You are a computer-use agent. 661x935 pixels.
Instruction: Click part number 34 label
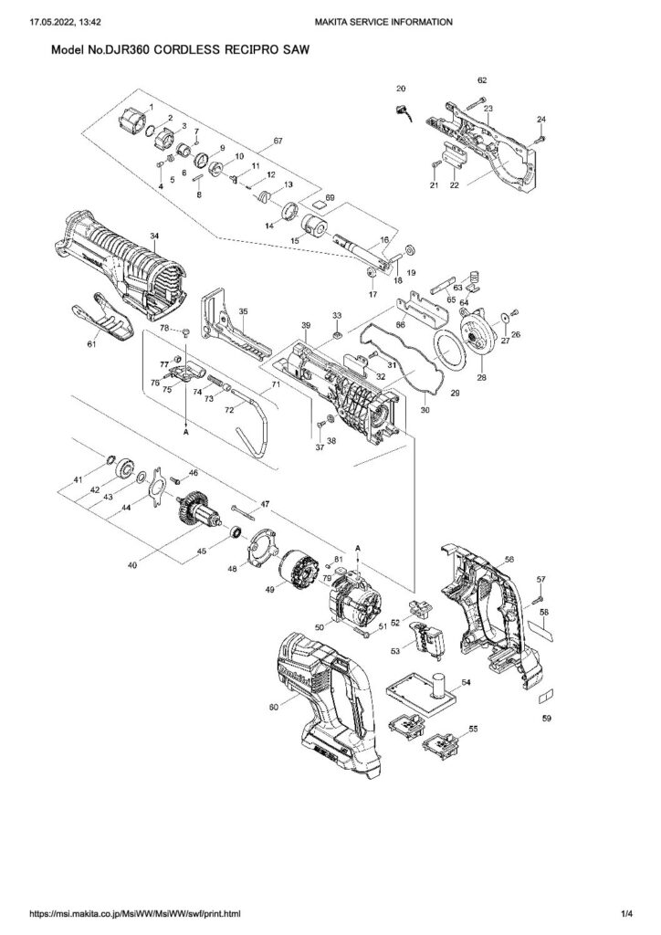coord(154,236)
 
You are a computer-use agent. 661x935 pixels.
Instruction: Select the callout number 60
coord(274,708)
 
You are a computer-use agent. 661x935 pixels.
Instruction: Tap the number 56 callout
coord(509,559)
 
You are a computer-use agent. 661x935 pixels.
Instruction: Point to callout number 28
coord(481,377)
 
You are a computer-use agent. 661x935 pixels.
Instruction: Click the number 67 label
coord(278,142)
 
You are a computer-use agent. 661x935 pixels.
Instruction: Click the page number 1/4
coord(626,913)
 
